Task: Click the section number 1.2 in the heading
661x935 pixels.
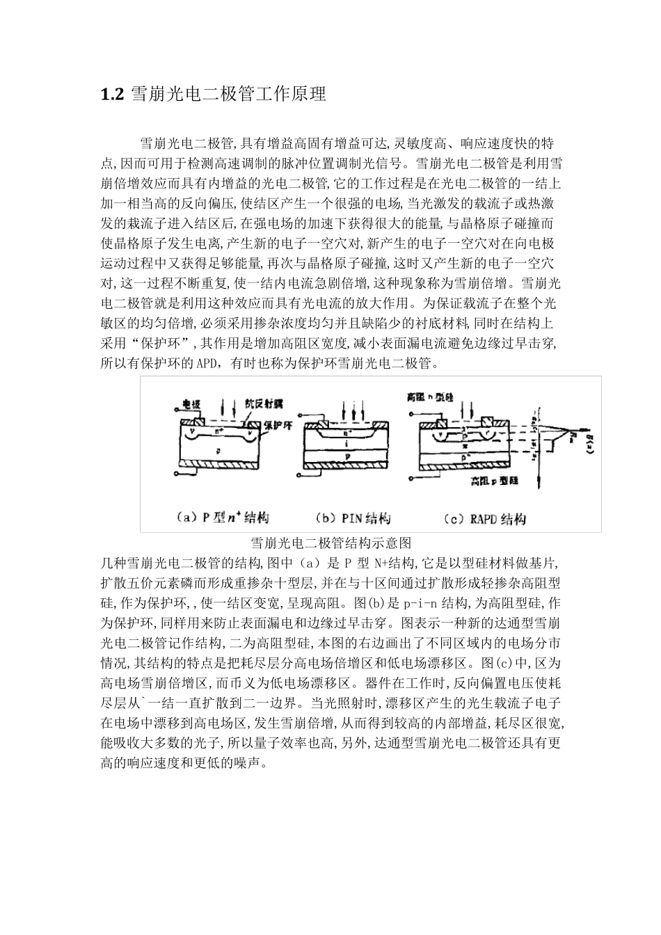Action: point(112,95)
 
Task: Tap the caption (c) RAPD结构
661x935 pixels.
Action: point(484,518)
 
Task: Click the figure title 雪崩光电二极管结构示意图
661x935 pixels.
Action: point(332,543)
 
